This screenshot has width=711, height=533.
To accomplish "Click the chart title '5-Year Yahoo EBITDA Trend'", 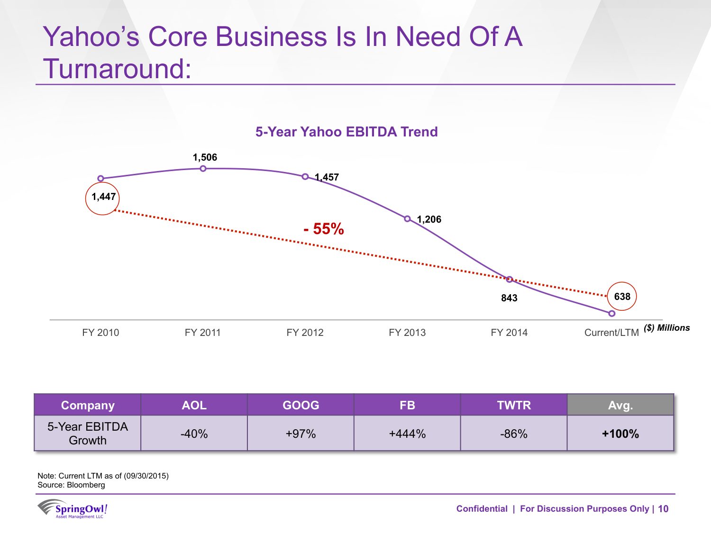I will point(346,132).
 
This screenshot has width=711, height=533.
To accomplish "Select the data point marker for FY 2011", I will point(203,169).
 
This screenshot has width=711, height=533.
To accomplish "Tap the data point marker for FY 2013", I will point(407,218).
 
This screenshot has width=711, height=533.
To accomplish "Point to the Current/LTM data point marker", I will point(612,314).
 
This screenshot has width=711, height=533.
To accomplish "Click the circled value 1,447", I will point(103,197).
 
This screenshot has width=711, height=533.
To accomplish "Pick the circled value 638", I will point(622,297).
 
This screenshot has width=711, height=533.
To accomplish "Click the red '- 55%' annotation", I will point(324,229).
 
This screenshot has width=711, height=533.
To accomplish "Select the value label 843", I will point(509,298).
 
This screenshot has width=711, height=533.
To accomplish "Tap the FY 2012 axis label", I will point(305,333).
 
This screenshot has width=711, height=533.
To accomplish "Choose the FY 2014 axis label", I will point(509,333).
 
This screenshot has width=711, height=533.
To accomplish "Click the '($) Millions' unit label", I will point(666,328).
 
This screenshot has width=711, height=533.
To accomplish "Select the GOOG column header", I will point(301,405).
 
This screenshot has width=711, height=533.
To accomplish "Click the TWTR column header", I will point(514,405).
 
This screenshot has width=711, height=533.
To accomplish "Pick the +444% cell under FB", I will point(407,434).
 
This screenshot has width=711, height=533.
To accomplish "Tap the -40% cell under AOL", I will point(194,434).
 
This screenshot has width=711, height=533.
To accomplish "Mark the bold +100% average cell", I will point(620,434).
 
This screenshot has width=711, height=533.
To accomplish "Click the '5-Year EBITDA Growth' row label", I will point(88,434).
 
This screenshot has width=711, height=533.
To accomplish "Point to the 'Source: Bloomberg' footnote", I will point(72,485).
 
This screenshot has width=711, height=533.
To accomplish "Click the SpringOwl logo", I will point(73,509).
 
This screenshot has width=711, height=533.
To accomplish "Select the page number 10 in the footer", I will point(663,509).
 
